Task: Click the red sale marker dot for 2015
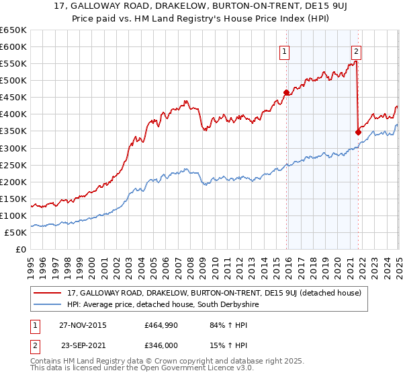(287, 92)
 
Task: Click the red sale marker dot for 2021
(358, 132)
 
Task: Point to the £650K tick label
(13, 30)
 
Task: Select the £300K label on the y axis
(13, 148)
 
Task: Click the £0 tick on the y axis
(21, 249)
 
